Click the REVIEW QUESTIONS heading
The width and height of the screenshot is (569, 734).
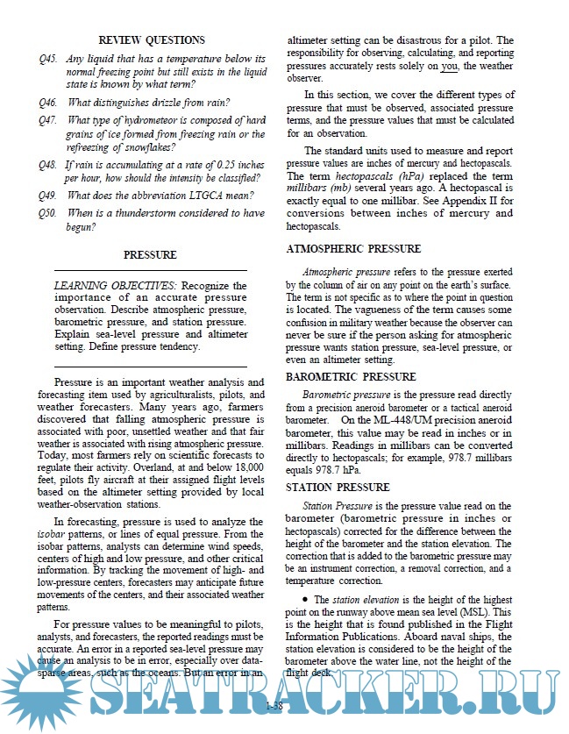pyautogui.click(x=151, y=40)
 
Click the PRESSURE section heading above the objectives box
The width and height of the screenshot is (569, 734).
pyautogui.click(x=150, y=255)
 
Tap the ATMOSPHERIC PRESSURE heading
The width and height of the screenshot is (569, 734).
pyautogui.click(x=353, y=249)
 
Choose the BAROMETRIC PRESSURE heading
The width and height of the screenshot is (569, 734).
pyautogui.click(x=351, y=377)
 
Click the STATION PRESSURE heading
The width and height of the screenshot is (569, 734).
pyautogui.click(x=338, y=488)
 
